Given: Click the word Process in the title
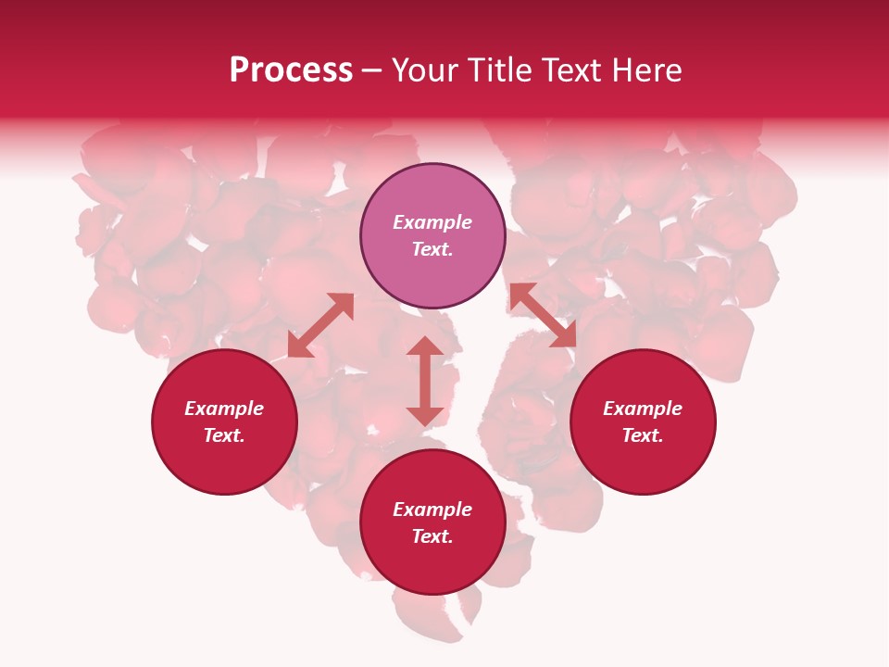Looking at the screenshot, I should tap(291, 70).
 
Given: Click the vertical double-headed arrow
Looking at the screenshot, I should tap(425, 381).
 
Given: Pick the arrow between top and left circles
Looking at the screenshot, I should tap(320, 325).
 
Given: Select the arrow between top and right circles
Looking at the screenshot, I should tap(543, 315).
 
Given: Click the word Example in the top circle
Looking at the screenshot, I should tap(432, 222).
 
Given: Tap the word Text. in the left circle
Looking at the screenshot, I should tap(224, 435).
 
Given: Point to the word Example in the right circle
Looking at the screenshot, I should tap(643, 409).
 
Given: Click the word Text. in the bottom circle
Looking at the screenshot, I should tap(432, 536).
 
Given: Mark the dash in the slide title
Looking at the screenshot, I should tap(371, 71).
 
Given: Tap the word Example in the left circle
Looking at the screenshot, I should tap(224, 409).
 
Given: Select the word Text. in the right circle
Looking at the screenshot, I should tap(643, 435).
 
